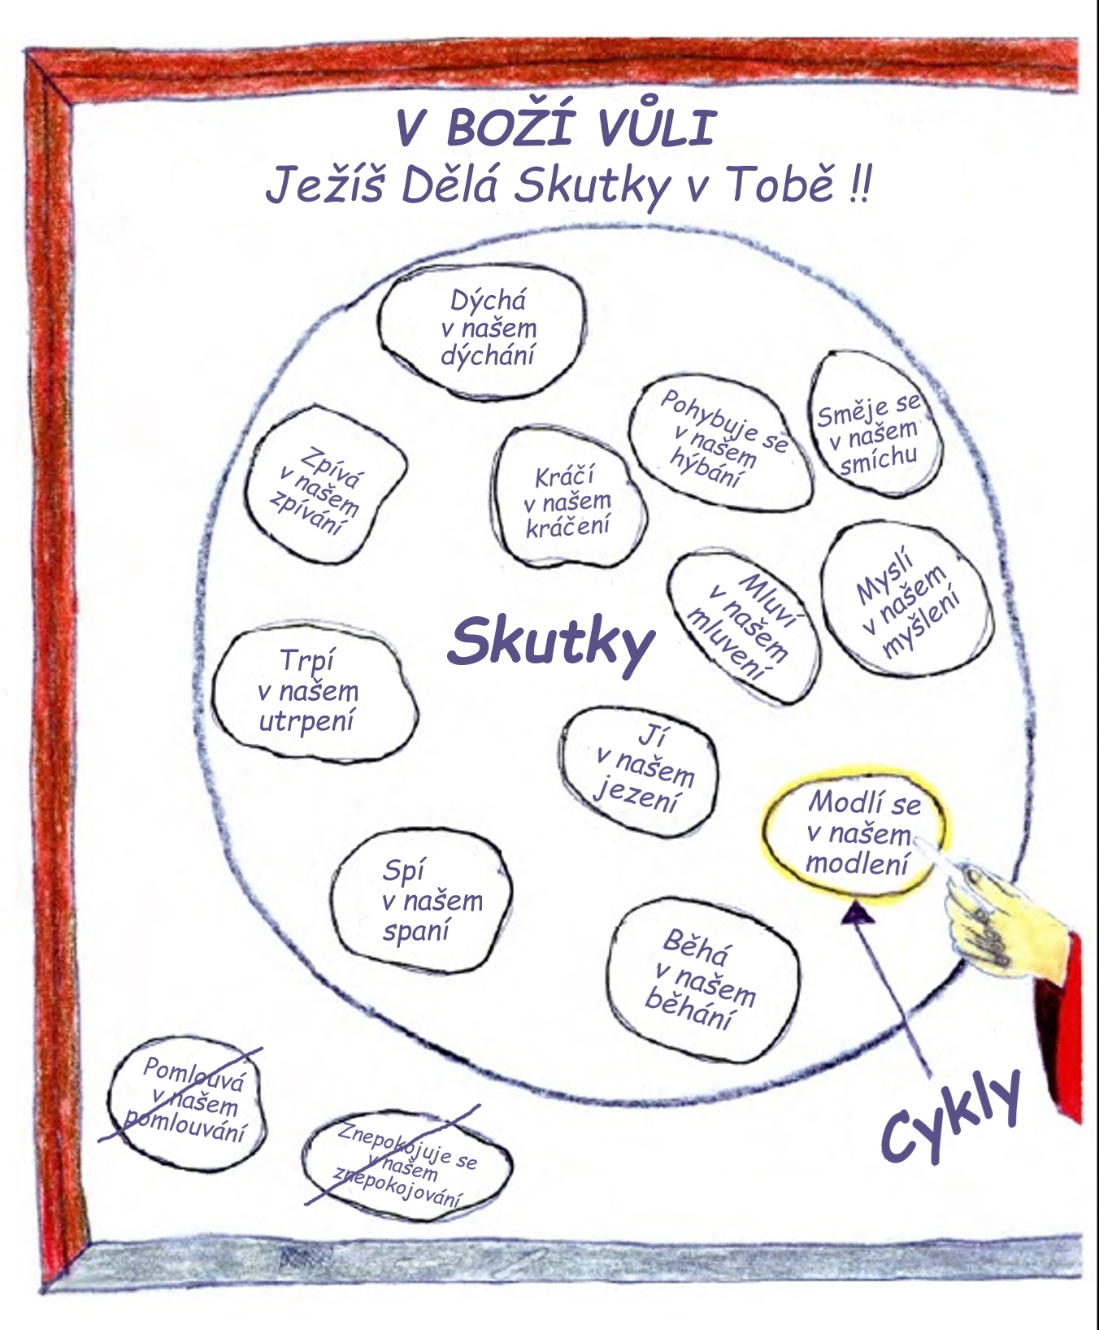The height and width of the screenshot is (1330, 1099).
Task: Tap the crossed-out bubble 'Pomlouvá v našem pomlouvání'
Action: pyautogui.click(x=187, y=1102)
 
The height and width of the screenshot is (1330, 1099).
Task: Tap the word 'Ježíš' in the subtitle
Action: pyautogui.click(x=324, y=185)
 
